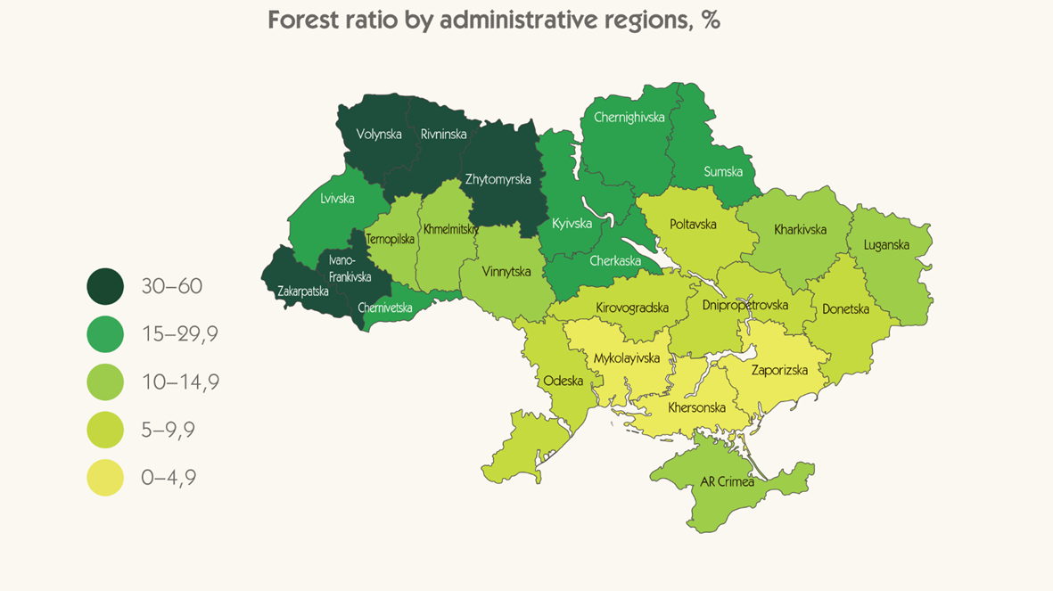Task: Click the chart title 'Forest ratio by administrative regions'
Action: pyautogui.click(x=493, y=21)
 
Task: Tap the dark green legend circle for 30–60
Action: pyautogui.click(x=105, y=286)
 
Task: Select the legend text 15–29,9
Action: pyautogui.click(x=179, y=334)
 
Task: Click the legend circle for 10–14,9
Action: pyautogui.click(x=105, y=382)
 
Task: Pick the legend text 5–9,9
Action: pyautogui.click(x=168, y=431)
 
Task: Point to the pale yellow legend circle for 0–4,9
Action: pyautogui.click(x=105, y=478)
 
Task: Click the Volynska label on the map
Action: pyautogui.click(x=379, y=135)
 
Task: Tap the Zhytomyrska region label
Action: pyautogui.click(x=498, y=179)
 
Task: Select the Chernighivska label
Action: pyautogui.click(x=629, y=117)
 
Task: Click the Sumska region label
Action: pyautogui.click(x=723, y=171)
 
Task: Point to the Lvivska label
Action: pyautogui.click(x=337, y=199)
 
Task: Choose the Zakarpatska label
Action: pyautogui.click(x=303, y=291)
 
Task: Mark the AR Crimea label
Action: pyautogui.click(x=727, y=481)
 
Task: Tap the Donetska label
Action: pyautogui.click(x=845, y=309)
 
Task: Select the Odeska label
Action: pyautogui.click(x=563, y=381)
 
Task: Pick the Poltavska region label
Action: pyautogui.click(x=693, y=225)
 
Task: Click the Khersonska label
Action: pyautogui.click(x=696, y=408)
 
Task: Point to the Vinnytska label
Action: pyautogui.click(x=506, y=271)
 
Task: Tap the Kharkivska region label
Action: pyautogui.click(x=800, y=229)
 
